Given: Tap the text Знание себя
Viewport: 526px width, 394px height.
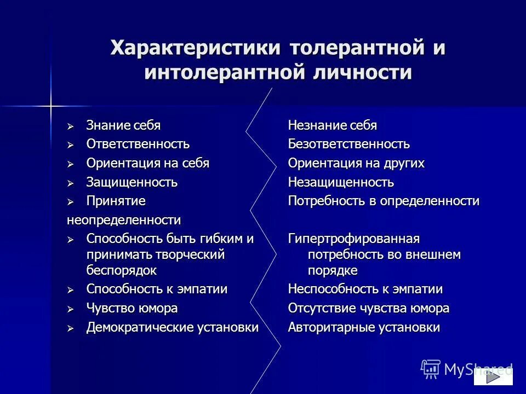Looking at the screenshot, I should (x=123, y=125).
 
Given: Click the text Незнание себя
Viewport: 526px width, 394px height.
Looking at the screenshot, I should (x=333, y=125).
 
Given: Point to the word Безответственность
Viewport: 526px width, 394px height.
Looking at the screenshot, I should (x=348, y=144).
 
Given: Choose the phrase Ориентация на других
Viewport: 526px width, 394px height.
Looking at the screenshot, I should (x=356, y=164).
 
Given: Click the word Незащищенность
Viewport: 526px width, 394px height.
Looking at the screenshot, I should (x=341, y=182).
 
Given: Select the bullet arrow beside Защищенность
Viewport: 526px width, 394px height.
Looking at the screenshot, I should (x=70, y=183).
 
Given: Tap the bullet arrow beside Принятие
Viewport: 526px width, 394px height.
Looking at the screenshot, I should (x=70, y=202).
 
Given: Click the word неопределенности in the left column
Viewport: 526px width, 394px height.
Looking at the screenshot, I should (x=124, y=220).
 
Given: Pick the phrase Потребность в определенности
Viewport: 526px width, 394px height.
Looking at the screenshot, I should (x=384, y=201).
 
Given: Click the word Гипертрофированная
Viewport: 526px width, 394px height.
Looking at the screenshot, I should (x=353, y=239).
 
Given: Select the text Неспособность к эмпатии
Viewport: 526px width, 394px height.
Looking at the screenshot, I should (x=365, y=289).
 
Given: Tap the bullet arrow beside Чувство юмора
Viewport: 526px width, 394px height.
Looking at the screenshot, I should (x=70, y=309).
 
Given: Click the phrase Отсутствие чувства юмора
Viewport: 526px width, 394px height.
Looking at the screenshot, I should (x=368, y=309).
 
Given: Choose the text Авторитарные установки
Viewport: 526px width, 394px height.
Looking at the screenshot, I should (x=364, y=328).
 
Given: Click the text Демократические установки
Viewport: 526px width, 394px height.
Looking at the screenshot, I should (x=172, y=328).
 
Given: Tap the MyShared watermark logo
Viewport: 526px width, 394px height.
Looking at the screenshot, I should (x=466, y=369).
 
